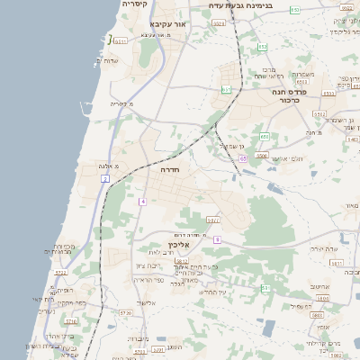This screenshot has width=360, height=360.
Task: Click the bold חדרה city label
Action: coord(171,169)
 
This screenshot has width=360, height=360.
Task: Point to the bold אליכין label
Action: coord(179,244)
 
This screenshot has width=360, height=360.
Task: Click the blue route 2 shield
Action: coord(105,179)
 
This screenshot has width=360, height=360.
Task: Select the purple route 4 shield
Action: coord(142,201)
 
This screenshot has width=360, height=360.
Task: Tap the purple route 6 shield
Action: coord(217,239)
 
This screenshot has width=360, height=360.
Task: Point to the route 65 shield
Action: coord(243,159)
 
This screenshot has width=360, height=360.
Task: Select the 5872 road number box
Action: coord(182,261)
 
